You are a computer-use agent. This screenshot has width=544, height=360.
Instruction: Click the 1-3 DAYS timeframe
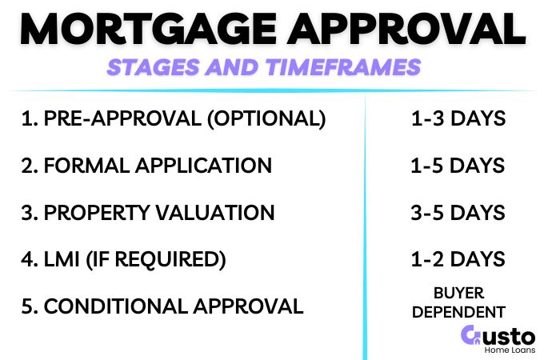coord(458,119)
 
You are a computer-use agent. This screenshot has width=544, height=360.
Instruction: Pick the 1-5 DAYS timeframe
coord(458,166)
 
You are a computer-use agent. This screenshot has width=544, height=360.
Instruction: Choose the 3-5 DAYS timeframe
coord(458,213)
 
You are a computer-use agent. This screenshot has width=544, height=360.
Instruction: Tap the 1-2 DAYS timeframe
coord(458,259)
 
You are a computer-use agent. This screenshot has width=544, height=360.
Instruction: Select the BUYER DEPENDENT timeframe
coord(458,302)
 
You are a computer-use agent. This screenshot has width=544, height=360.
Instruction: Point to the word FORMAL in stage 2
coord(81,166)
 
